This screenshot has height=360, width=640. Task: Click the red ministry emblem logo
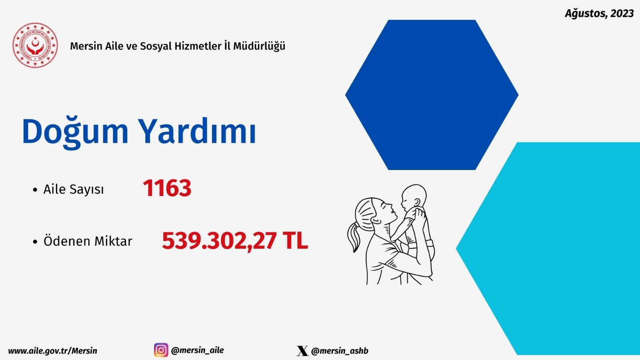pos(35,45)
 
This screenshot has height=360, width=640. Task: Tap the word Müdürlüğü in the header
pos(259,46)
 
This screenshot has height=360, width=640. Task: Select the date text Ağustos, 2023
pos(599,14)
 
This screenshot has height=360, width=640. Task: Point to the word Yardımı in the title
pos(198,130)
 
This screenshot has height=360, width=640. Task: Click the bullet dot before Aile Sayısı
pos(35,190)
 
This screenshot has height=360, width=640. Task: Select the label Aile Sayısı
pos(74,190)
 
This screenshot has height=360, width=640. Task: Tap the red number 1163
pos(167,188)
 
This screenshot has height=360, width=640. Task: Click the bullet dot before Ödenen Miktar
pos(35,242)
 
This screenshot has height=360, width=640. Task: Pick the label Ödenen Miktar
pos(88,241)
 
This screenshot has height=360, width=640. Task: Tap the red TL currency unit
pos(296,240)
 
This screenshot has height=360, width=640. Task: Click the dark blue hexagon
pos(432,95)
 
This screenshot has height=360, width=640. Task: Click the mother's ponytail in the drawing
pos(354,237)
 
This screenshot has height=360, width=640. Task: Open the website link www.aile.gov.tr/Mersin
pos(52,351)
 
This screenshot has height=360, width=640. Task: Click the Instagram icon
pos(161,350)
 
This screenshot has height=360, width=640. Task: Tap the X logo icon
pos(302,350)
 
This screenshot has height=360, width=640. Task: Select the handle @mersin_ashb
pos(340,351)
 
